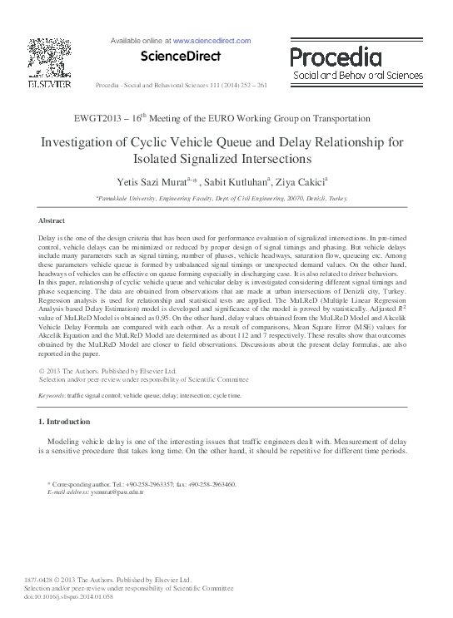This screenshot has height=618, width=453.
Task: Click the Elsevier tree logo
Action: (49, 57)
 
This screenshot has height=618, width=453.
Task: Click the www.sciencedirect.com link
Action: (212, 40)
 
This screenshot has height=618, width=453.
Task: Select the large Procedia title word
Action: (335, 57)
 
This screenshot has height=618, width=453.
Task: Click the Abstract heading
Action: (52, 220)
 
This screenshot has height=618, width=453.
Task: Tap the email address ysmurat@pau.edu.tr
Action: (114, 492)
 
